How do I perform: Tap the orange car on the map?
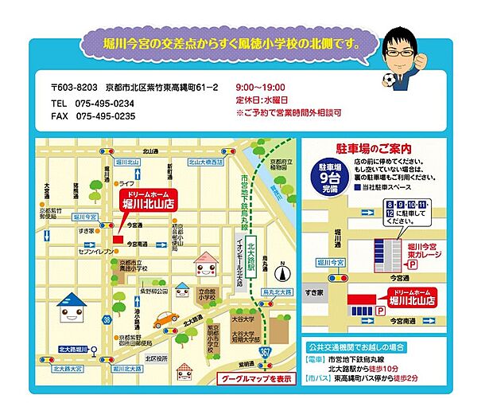pyautogui.click(x=165, y=319)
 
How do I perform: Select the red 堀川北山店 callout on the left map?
pyautogui.click(x=149, y=200)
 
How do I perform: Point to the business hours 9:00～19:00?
pyautogui.click(x=260, y=88)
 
